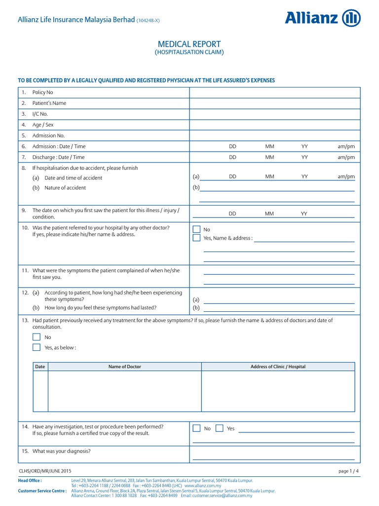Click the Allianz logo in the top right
point(322,18)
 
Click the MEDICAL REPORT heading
point(189,44)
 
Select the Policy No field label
point(42,92)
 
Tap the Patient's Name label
point(49,103)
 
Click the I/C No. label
point(40,114)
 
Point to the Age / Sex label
point(42,125)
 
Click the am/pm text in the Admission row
point(346,146)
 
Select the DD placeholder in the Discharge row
point(232,157)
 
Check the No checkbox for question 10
point(196,229)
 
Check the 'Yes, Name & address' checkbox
point(196,238)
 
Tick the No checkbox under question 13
point(37,337)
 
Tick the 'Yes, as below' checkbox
point(37,347)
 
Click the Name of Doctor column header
point(124,367)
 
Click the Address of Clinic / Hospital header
point(278,367)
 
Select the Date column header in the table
point(40,367)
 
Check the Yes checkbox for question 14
point(220,428)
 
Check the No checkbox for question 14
point(196,428)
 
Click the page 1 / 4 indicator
point(349,471)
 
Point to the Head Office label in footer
point(30,480)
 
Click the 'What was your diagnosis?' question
point(61,451)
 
